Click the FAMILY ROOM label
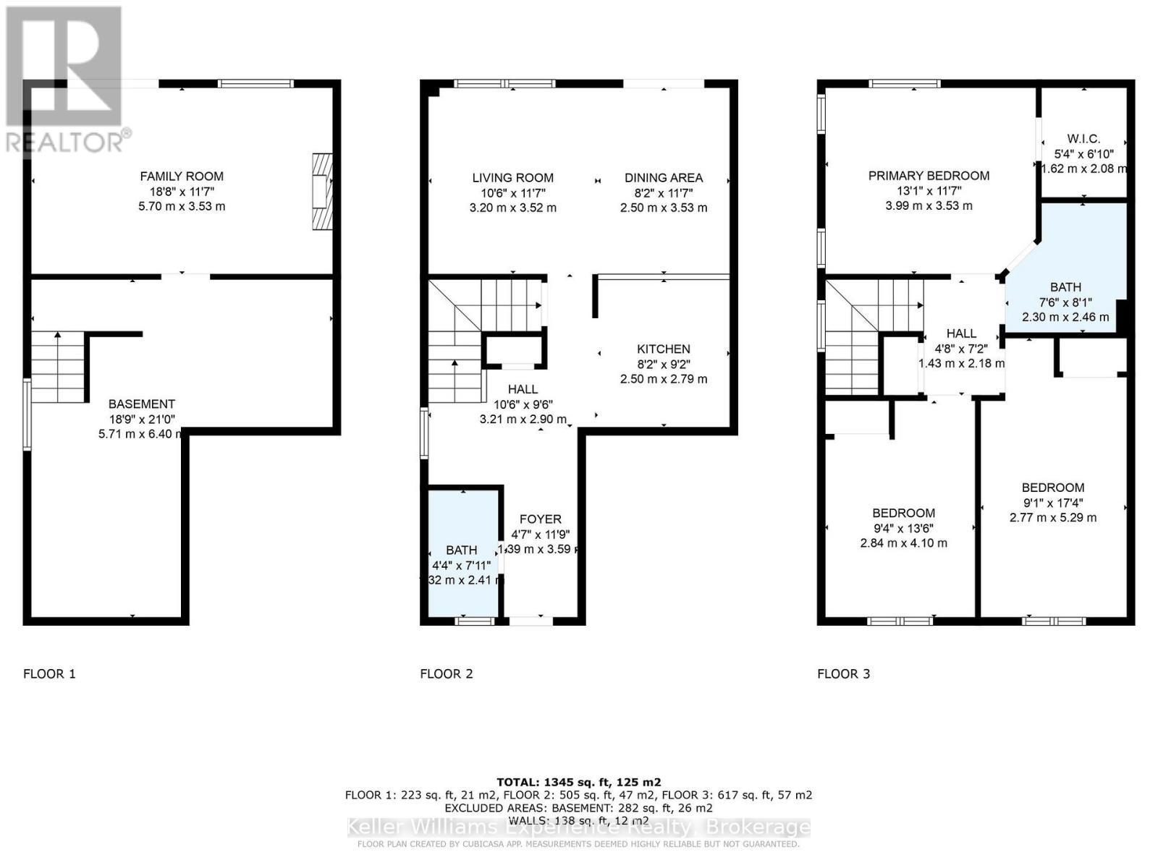pyautogui.click(x=182, y=176)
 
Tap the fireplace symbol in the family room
pyautogui.click(x=322, y=192)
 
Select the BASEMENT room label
pyautogui.click(x=142, y=404)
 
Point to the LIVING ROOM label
pyautogui.click(x=512, y=177)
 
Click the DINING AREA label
pyautogui.click(x=664, y=177)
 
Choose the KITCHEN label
pyautogui.click(x=664, y=349)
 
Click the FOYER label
pyautogui.click(x=541, y=519)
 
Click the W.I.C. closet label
pyautogui.click(x=1083, y=138)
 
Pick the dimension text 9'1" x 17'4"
pyautogui.click(x=1053, y=503)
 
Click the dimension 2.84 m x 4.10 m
pyautogui.click(x=903, y=543)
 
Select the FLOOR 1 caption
pyautogui.click(x=49, y=673)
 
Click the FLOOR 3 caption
pyautogui.click(x=843, y=673)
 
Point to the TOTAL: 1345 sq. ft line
pyautogui.click(x=578, y=782)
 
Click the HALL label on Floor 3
pyautogui.click(x=961, y=333)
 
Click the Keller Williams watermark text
pyautogui.click(x=578, y=827)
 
